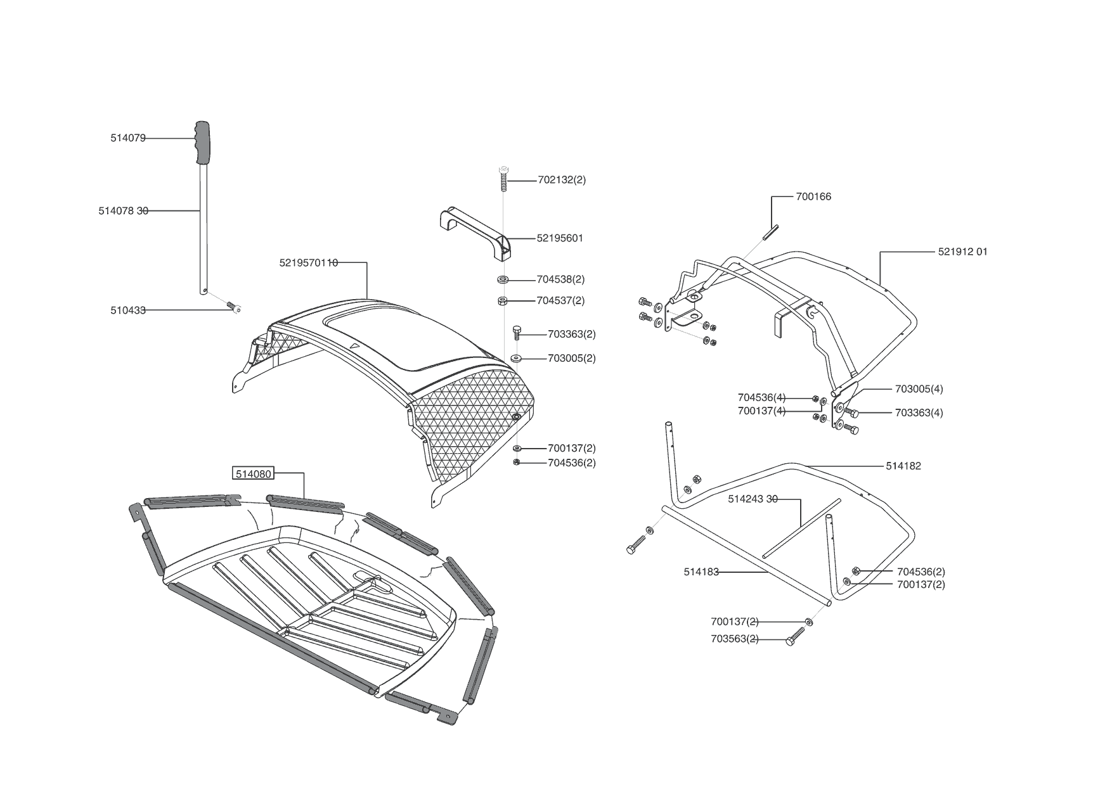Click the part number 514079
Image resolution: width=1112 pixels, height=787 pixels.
tap(128, 138)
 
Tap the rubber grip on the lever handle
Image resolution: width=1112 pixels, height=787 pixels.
tap(203, 142)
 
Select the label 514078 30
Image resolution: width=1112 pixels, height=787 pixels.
tap(124, 211)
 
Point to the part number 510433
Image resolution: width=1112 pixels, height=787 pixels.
tap(128, 310)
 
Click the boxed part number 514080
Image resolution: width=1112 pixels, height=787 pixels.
tap(254, 473)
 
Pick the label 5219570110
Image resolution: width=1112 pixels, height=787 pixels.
tap(309, 262)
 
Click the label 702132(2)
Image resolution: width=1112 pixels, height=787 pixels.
tap(562, 180)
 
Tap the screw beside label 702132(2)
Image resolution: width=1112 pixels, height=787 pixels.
tap(503, 178)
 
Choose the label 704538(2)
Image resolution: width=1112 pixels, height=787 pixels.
tap(560, 279)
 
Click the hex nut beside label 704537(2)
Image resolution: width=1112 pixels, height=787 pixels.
tap(502, 300)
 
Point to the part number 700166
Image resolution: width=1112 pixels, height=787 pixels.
tap(813, 196)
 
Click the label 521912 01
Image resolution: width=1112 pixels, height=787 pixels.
tap(962, 252)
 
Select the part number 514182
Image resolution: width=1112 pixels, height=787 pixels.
tap(903, 466)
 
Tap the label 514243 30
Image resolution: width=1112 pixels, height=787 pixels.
tap(753, 499)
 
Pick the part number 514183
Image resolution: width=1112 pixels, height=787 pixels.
tap(701, 572)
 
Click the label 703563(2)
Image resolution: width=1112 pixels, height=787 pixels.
tap(735, 639)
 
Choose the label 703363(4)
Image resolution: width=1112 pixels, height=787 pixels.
tap(919, 413)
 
